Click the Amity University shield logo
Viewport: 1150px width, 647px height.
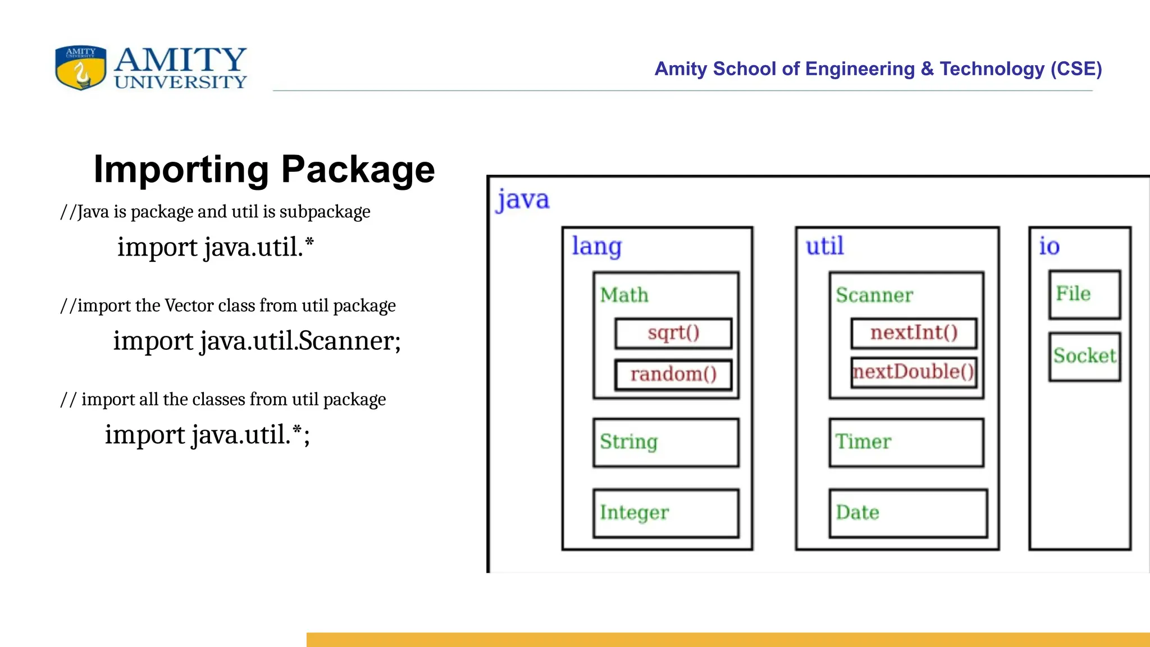click(81, 67)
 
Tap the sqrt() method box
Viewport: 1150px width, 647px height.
click(673, 333)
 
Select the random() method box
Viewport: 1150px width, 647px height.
click(673, 375)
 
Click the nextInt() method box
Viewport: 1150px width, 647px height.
click(914, 333)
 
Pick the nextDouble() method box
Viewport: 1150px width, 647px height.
click(914, 372)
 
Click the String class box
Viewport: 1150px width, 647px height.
click(666, 443)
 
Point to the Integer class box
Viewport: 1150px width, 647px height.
click(666, 513)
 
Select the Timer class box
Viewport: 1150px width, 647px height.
click(906, 443)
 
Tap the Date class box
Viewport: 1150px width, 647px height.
click(908, 513)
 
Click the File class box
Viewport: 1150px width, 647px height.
click(1084, 295)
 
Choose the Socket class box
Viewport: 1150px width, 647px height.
click(1084, 357)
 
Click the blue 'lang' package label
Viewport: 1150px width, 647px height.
click(596, 247)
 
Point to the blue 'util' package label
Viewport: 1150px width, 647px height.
click(824, 246)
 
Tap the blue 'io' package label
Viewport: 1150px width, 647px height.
click(1049, 246)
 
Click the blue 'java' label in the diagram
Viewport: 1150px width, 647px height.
click(523, 200)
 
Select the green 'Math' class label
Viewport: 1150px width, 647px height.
click(624, 295)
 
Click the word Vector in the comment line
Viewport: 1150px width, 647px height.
click(189, 306)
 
